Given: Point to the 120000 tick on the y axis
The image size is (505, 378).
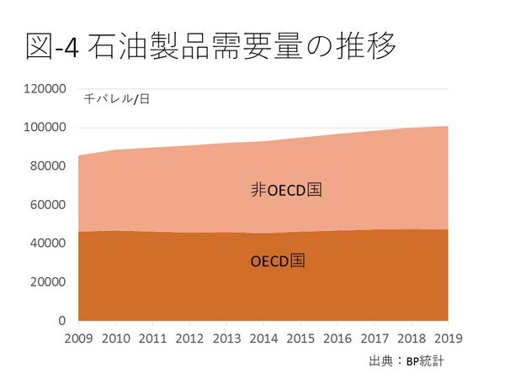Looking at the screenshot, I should (x=43, y=89).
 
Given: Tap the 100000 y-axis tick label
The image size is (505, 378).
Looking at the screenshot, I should (x=43, y=128).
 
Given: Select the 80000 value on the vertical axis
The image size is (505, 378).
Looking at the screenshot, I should (x=46, y=166).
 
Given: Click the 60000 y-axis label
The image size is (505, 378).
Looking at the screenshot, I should (x=46, y=205).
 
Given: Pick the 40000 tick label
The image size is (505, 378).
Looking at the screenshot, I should (x=46, y=244).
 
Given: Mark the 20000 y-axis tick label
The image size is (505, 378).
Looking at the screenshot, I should (x=46, y=282).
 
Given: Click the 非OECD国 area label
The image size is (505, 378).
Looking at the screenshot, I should (x=287, y=190).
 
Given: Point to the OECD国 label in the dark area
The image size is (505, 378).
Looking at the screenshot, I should (x=278, y=260).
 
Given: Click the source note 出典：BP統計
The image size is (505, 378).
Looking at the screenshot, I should (x=406, y=362).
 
